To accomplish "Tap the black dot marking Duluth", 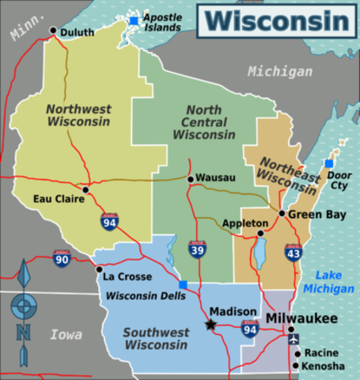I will (53, 31).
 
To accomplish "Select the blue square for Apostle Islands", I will (134, 21).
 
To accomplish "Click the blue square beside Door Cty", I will (329, 163).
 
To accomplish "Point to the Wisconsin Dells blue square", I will (184, 285).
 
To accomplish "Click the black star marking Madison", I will (210, 324).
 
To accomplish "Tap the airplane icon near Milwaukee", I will (294, 338).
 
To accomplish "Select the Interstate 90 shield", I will (63, 258).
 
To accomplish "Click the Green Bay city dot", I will (282, 213).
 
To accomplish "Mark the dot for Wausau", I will (190, 179).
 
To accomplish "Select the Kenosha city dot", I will (296, 366).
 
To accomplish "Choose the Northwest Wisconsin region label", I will (78, 116).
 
